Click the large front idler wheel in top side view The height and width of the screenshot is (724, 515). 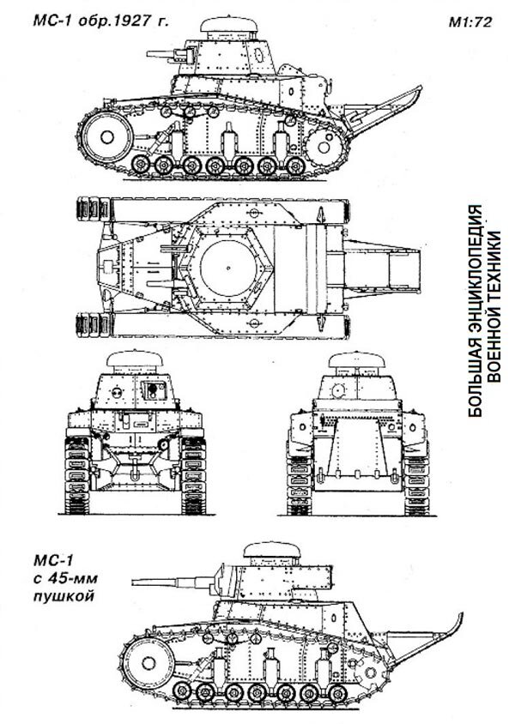(x=108, y=133)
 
